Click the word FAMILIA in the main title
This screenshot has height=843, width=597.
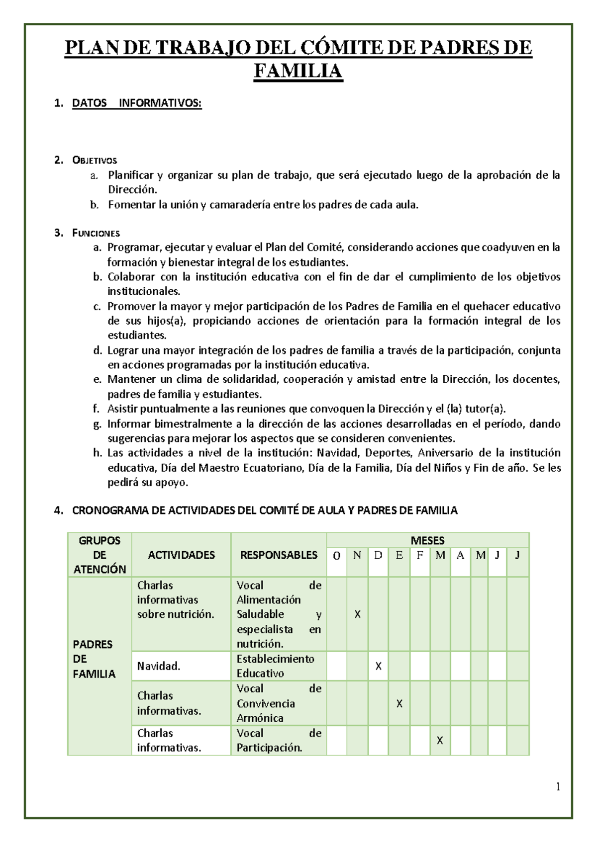click(x=298, y=71)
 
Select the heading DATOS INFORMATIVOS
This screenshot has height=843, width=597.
click(x=137, y=103)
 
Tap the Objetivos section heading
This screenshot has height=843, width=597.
click(x=95, y=160)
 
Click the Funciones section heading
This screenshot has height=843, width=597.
click(x=96, y=233)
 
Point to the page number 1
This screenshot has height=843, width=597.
click(x=558, y=786)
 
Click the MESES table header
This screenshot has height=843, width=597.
click(x=427, y=540)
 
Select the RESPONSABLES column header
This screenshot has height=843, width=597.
click(x=279, y=555)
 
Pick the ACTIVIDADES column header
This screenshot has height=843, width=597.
click(x=181, y=555)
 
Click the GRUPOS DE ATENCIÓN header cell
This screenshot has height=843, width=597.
click(x=99, y=555)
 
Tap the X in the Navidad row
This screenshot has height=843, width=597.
click(x=378, y=666)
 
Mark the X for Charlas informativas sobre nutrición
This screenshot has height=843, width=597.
click(x=357, y=614)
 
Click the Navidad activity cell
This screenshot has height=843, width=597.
click(x=159, y=666)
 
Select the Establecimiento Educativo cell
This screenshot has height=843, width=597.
click(x=275, y=666)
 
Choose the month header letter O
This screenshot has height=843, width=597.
click(x=337, y=556)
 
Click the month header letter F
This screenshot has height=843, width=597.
click(x=420, y=555)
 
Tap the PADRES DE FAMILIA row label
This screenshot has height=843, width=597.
click(x=94, y=659)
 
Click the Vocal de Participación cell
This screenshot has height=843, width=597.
click(x=279, y=740)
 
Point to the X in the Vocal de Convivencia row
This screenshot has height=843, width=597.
click(x=399, y=703)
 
